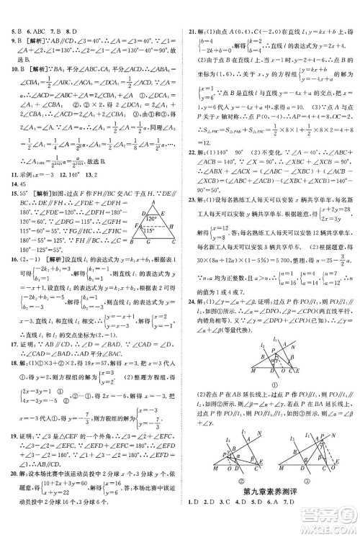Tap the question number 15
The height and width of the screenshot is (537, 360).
click(8, 213)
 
